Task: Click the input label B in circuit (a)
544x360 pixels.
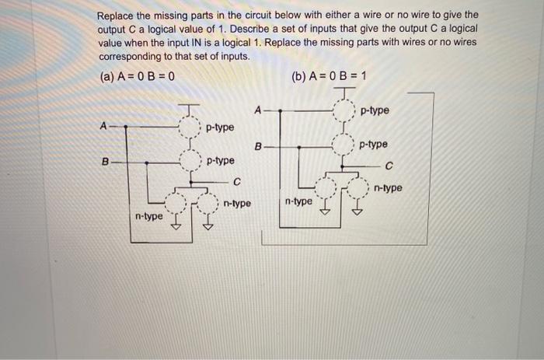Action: (103, 162)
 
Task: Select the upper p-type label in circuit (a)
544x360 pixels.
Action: (220, 127)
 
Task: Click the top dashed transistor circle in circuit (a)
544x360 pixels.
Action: (189, 127)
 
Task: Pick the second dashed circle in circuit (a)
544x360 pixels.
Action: (189, 162)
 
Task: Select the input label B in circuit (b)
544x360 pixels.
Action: (259, 145)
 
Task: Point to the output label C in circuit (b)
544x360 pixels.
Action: (389, 165)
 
